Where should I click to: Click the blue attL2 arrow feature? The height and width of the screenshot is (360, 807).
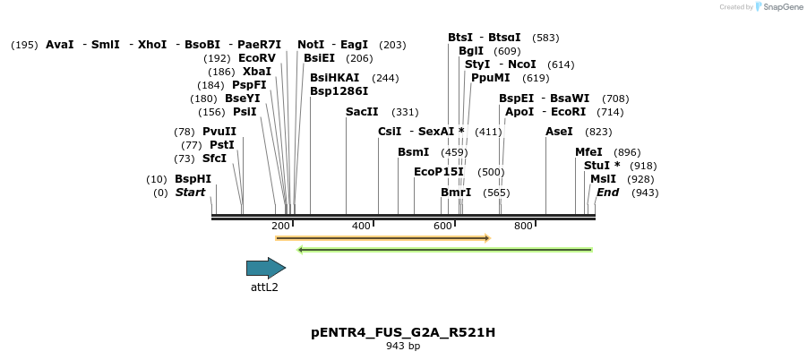click(x=265, y=268)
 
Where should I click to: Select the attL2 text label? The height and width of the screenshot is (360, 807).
click(x=264, y=287)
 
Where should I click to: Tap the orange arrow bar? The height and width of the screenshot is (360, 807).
click(x=382, y=238)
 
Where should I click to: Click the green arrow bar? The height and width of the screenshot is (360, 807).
click(x=444, y=250)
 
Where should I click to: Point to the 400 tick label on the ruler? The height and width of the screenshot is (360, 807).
click(x=361, y=226)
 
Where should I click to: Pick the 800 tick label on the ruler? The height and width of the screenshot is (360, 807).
click(x=523, y=226)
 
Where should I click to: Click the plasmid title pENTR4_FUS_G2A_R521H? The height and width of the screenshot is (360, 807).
click(x=403, y=332)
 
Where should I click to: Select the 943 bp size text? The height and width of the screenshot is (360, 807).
click(x=403, y=346)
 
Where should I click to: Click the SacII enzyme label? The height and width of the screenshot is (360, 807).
click(x=362, y=112)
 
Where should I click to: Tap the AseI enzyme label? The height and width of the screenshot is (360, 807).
click(x=559, y=132)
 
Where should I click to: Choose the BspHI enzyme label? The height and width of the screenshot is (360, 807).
click(x=193, y=179)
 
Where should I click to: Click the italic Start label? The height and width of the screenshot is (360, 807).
click(x=190, y=193)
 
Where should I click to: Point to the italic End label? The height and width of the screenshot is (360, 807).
click(x=608, y=193)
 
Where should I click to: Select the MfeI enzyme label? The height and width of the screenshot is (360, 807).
click(x=588, y=152)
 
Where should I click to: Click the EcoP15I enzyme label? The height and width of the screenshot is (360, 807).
click(x=439, y=172)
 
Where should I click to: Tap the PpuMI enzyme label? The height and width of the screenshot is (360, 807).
click(x=490, y=78)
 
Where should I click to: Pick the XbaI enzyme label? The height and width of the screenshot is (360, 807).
click(x=257, y=72)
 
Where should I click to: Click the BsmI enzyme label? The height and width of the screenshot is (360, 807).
click(x=413, y=152)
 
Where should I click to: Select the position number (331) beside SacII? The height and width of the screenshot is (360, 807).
click(x=405, y=112)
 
